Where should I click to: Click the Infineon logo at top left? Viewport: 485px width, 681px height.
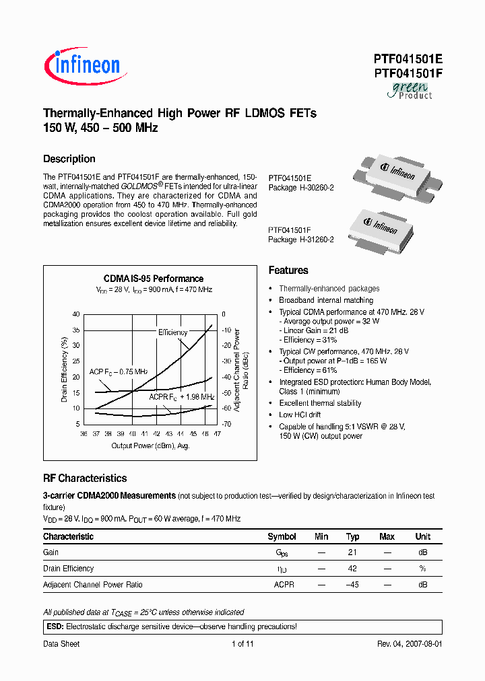click(82, 65)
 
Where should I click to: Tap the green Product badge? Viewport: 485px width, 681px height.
click(410, 90)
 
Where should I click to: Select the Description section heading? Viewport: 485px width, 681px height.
click(69, 159)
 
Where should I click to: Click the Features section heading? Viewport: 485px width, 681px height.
click(288, 270)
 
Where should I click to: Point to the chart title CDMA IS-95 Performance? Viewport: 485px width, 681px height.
click(154, 279)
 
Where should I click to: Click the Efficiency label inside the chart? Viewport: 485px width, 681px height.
click(173, 332)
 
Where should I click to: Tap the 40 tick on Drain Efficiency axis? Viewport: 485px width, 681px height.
click(76, 314)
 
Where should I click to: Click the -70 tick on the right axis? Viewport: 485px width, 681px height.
click(226, 424)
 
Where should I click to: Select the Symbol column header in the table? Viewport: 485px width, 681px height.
click(282, 536)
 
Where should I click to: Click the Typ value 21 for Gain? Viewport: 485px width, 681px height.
click(352, 552)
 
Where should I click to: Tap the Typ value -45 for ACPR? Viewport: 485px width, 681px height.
click(352, 585)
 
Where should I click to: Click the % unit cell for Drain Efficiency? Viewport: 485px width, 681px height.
click(422, 569)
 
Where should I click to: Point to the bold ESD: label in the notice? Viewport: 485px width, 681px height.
click(55, 626)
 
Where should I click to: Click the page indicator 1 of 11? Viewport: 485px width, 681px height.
click(243, 644)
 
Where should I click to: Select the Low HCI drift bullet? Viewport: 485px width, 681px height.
click(301, 415)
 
